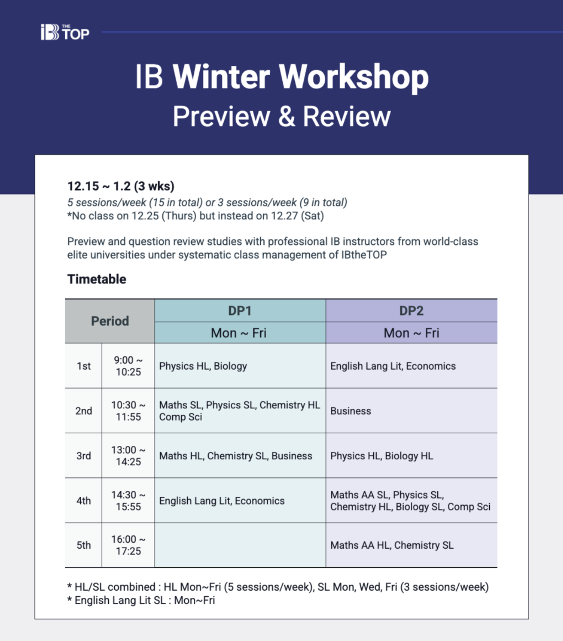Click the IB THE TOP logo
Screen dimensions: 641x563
(65, 32)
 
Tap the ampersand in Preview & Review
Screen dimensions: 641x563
(286, 117)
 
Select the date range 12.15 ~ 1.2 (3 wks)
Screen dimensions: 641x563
(121, 186)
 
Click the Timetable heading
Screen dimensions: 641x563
(97, 279)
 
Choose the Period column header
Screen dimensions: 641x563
(110, 321)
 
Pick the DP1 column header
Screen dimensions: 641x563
(240, 311)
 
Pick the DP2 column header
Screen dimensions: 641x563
(411, 311)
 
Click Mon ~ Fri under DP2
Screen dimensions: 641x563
(411, 333)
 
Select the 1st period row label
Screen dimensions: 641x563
(84, 366)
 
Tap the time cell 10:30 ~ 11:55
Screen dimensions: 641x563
(128, 411)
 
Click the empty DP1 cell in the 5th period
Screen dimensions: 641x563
(240, 545)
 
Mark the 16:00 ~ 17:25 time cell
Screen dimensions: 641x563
(128, 545)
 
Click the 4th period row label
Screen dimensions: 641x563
(84, 501)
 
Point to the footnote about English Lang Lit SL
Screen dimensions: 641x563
(141, 600)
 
